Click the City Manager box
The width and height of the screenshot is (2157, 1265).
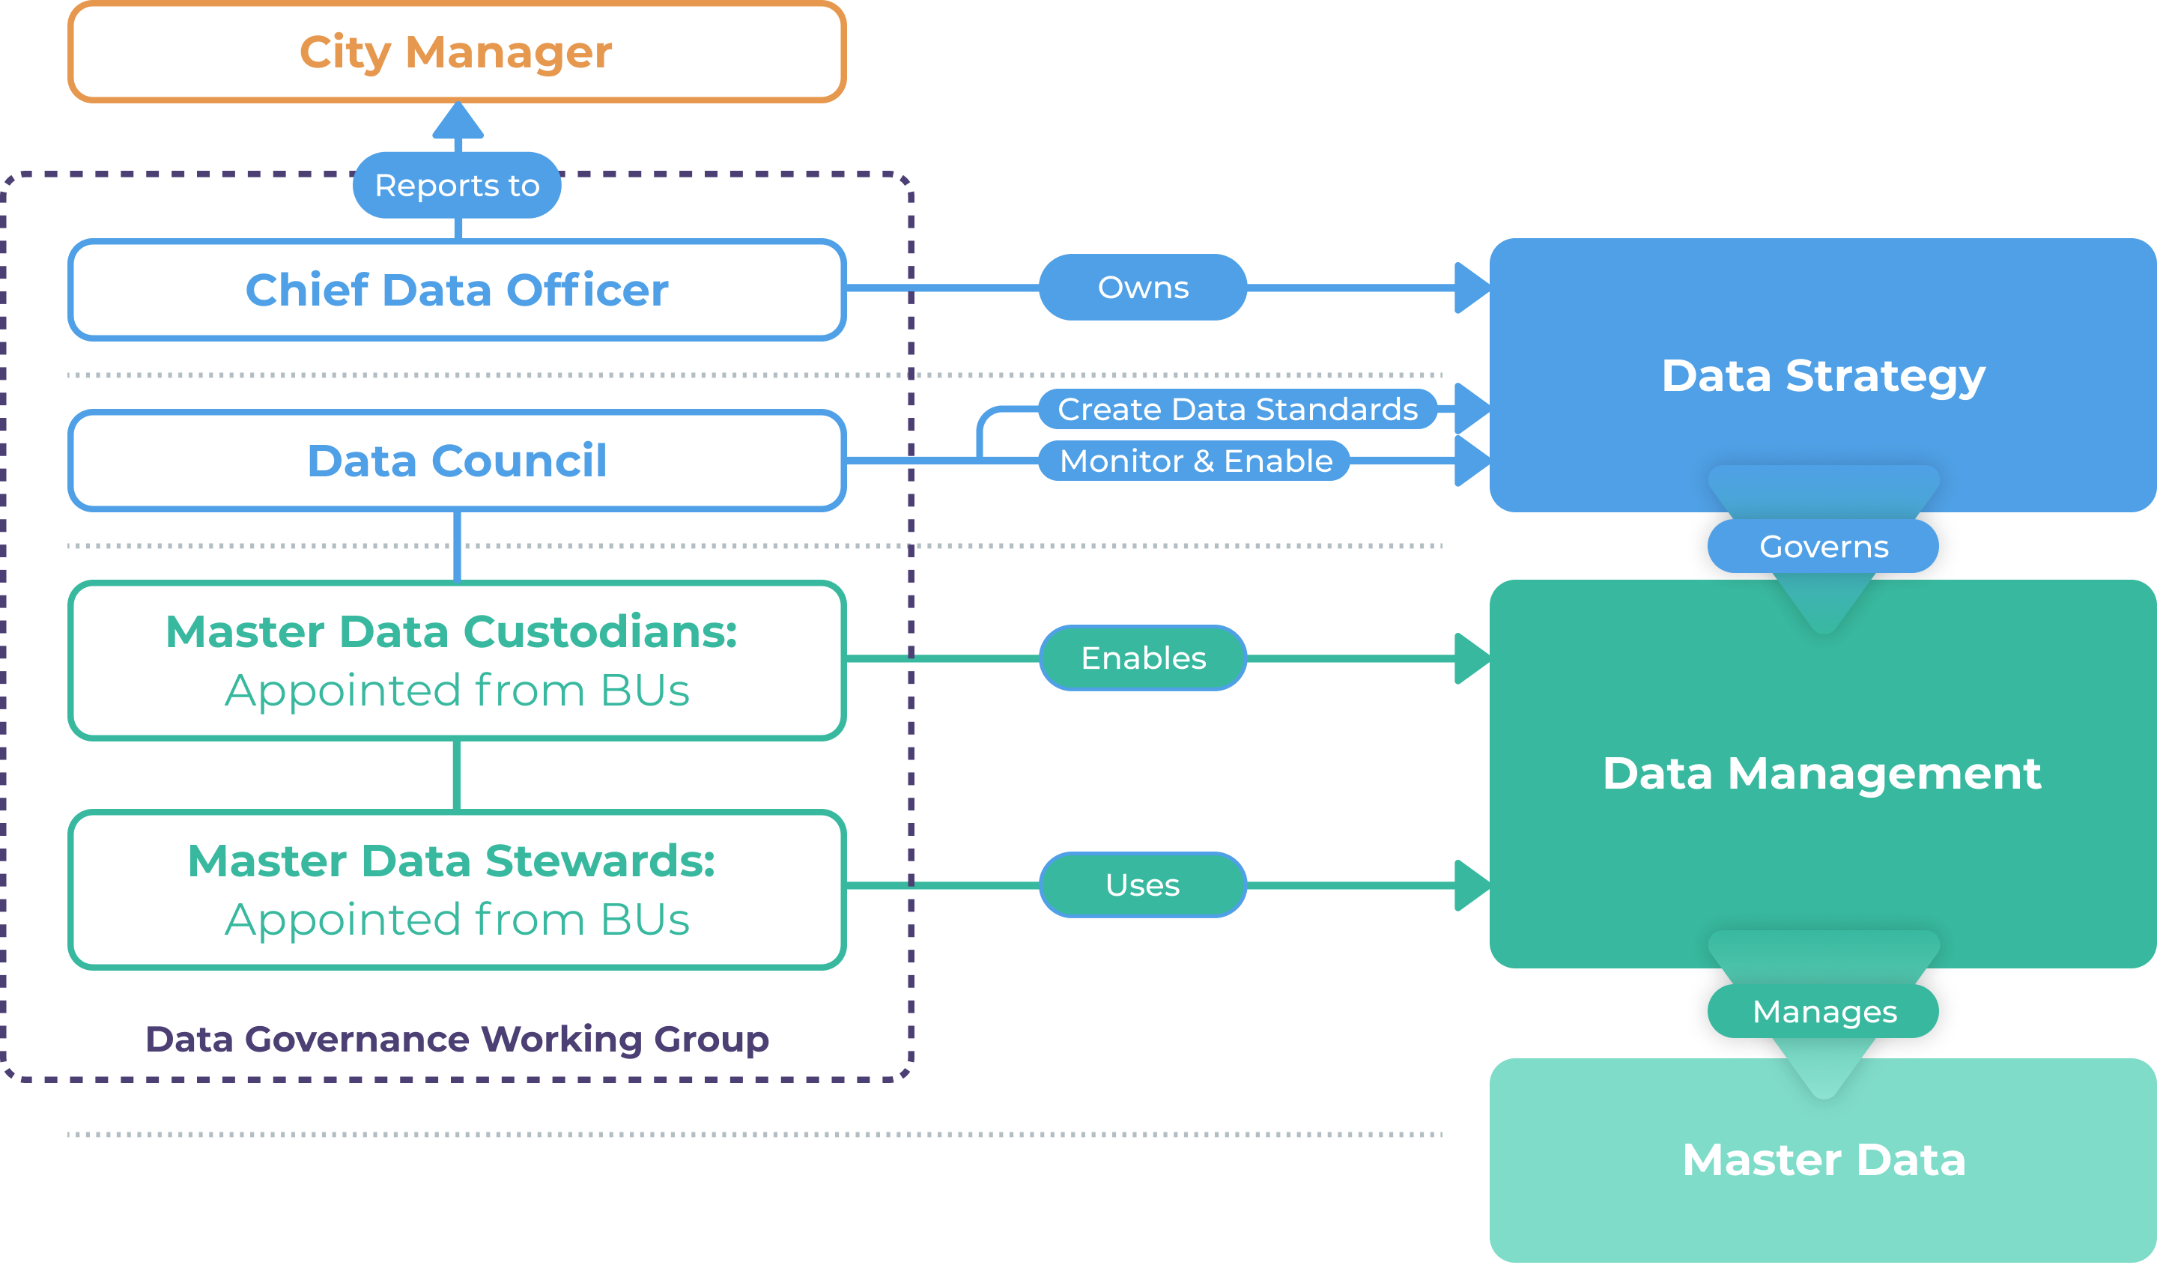pos(456,52)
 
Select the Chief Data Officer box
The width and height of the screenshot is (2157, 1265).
pos(456,289)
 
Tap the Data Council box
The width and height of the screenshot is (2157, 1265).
pos(456,461)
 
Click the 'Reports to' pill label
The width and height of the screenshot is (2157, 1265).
pos(456,186)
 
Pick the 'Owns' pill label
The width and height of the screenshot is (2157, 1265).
pos(1143,288)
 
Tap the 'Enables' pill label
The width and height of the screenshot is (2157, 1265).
pos(1143,658)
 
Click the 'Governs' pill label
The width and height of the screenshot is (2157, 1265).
pos(1823,546)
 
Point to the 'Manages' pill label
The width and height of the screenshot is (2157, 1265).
pos(1823,1012)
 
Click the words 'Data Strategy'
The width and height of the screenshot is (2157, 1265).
pos(1823,376)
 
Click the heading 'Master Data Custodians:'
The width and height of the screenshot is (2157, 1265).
pos(451,632)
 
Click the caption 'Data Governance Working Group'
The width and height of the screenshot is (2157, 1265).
pos(456,1039)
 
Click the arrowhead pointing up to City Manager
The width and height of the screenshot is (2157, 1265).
pos(458,121)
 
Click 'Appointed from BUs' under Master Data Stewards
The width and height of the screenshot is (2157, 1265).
pos(456,920)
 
